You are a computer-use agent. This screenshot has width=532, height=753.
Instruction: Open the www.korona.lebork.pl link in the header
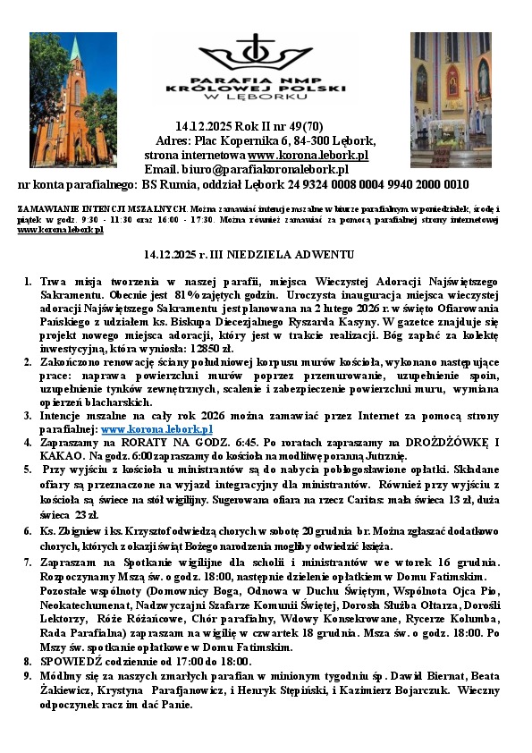click(x=305, y=155)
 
